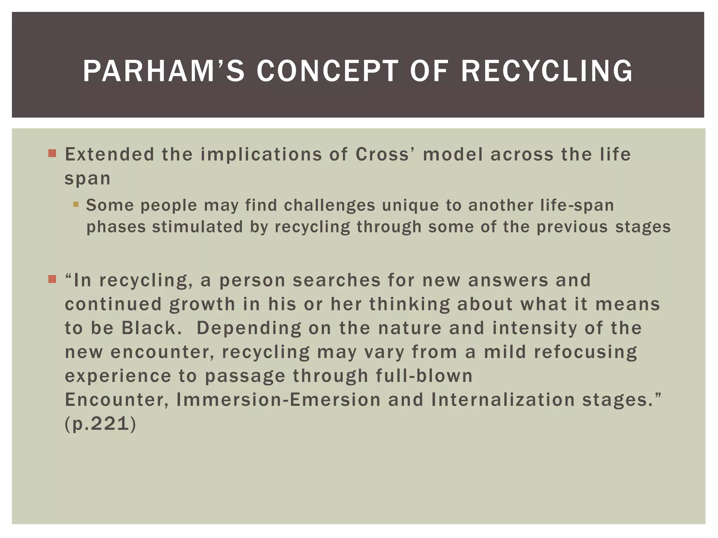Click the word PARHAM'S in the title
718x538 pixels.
pyautogui.click(x=163, y=71)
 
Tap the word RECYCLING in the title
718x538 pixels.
pyautogui.click(x=547, y=71)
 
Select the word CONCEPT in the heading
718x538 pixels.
pyautogui.click(x=327, y=71)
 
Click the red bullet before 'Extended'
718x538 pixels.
pyautogui.click(x=52, y=153)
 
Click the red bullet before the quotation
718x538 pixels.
pyautogui.click(x=52, y=279)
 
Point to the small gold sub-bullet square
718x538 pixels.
pyautogui.click(x=76, y=204)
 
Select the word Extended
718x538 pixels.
pyautogui.click(x=109, y=154)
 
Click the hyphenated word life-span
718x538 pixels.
pyautogui.click(x=577, y=205)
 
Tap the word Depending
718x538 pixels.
pyautogui.click(x=249, y=328)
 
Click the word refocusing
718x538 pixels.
pyautogui.click(x=585, y=352)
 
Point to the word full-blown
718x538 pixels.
pyautogui.click(x=424, y=376)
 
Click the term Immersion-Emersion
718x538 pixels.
pyautogui.click(x=278, y=400)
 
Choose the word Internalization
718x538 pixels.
pyautogui.click(x=503, y=400)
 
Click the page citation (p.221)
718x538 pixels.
pyautogui.click(x=100, y=424)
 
